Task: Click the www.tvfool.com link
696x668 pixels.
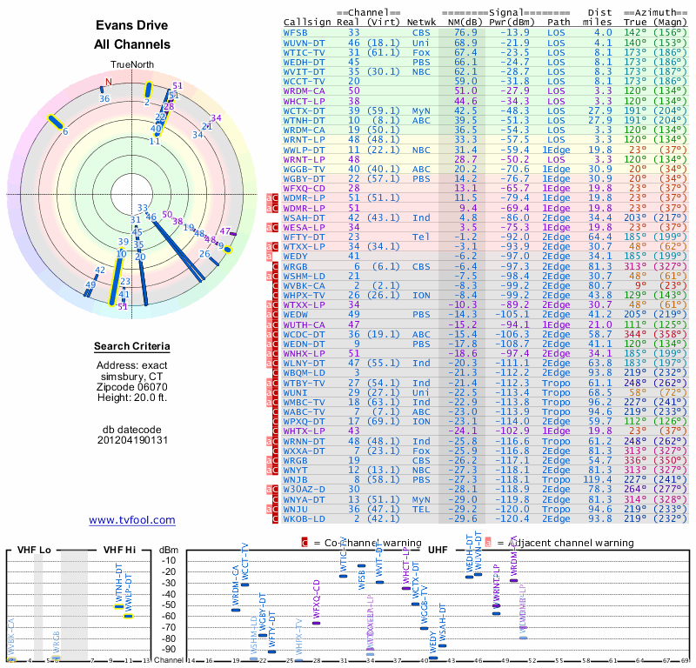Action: point(132,520)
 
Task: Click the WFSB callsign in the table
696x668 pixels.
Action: point(296,32)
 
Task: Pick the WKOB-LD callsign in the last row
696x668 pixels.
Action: point(306,518)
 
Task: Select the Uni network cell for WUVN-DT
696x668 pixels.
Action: point(421,42)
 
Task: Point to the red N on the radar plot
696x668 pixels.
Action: point(109,83)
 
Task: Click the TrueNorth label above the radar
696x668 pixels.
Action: point(131,65)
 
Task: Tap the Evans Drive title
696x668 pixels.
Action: point(132,25)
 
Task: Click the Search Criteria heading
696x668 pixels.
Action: point(132,347)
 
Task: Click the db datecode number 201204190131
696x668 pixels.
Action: point(132,439)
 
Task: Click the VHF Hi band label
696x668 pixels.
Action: point(119,550)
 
